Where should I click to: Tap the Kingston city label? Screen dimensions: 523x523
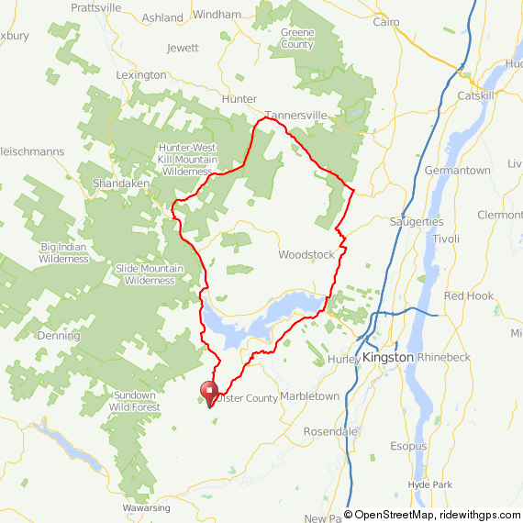point(389,357)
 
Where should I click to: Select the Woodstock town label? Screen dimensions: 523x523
point(307,254)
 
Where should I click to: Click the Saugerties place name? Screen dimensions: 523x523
point(417,222)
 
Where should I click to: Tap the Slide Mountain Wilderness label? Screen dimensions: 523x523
point(145,273)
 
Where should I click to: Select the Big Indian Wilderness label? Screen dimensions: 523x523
point(63,252)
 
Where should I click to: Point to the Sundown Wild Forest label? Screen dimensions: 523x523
point(132,401)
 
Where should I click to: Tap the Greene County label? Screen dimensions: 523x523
point(297,39)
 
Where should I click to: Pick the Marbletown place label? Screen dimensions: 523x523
point(309,396)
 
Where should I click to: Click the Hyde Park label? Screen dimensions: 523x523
point(431,483)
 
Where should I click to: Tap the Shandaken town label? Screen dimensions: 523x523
point(115,184)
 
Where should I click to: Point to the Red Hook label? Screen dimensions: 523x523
point(468,296)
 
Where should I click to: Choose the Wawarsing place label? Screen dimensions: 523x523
point(146,507)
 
